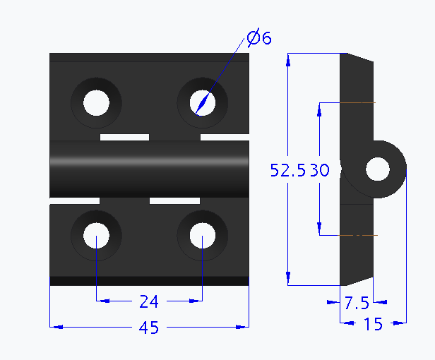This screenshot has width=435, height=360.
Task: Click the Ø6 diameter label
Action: (259, 39)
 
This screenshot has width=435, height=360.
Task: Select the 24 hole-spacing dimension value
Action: (148, 302)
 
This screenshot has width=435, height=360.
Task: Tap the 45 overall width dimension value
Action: (148, 328)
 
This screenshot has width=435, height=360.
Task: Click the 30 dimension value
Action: (321, 169)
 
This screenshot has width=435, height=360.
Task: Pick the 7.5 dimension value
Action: (356, 303)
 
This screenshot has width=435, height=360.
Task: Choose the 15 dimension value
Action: (372, 324)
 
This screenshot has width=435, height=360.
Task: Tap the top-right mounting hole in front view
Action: (202, 103)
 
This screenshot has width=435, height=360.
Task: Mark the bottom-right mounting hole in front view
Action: (202, 236)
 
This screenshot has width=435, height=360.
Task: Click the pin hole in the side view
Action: (378, 169)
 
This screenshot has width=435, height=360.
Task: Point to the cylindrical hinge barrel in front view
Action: (150, 169)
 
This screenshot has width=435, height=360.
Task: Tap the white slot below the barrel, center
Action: (174, 202)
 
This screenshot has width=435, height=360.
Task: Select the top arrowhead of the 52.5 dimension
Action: (288, 59)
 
